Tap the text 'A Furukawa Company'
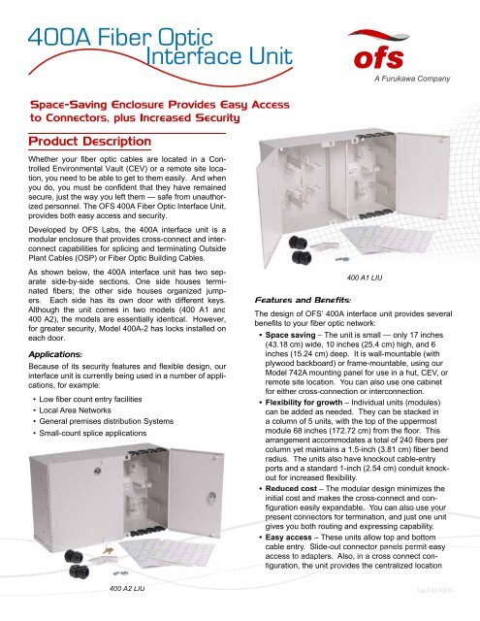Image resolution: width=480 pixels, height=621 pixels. pyautogui.click(x=412, y=79)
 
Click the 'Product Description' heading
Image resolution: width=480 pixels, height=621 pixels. pyautogui.click(x=90, y=142)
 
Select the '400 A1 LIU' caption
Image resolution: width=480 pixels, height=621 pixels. pyautogui.click(x=365, y=278)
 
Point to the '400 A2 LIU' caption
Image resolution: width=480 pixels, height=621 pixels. pyautogui.click(x=127, y=588)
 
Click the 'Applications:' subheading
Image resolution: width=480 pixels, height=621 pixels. pyautogui.click(x=55, y=354)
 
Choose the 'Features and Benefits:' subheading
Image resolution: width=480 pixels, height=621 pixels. pyautogui.click(x=303, y=300)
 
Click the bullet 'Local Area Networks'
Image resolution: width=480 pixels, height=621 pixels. pyautogui.click(x=76, y=410)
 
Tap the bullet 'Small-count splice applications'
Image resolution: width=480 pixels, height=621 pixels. pyautogui.click(x=93, y=433)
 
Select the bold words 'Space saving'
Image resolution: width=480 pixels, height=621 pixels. pyautogui.click(x=291, y=335)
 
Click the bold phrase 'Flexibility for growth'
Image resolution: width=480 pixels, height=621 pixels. pyautogui.click(x=304, y=403)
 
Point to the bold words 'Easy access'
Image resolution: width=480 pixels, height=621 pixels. pyautogui.click(x=288, y=538)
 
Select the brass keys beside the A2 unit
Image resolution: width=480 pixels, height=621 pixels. pyautogui.click(x=107, y=550)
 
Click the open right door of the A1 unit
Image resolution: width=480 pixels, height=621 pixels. pyautogui.click(x=423, y=176)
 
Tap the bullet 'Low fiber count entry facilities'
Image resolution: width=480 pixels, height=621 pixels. pyautogui.click(x=90, y=399)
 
